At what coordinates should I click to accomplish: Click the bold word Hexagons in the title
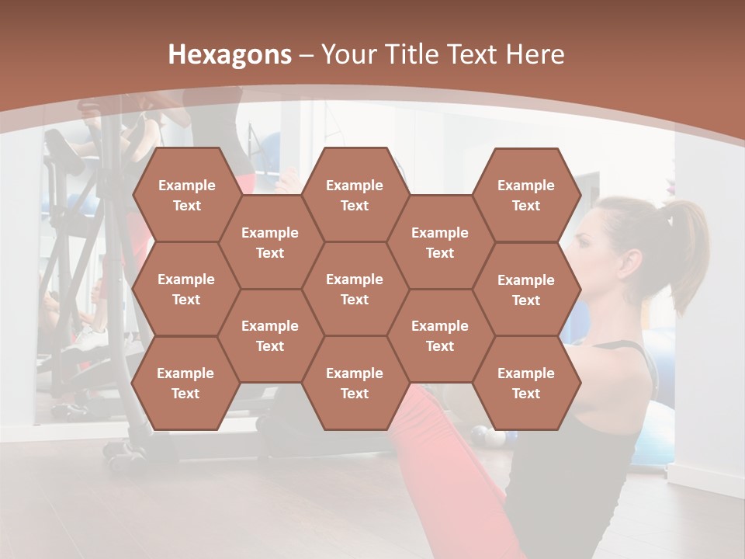pos(230,54)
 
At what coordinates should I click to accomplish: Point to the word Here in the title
pos(535,54)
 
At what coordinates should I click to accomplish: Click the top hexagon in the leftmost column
pos(186,195)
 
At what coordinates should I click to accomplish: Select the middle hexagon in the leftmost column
pos(186,289)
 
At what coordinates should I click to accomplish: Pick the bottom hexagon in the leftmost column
pos(185,383)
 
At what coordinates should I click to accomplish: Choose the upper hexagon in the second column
pos(270,242)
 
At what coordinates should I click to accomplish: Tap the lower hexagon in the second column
pos(270,335)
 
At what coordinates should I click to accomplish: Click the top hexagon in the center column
pos(355,195)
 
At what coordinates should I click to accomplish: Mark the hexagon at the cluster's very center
pos(355,289)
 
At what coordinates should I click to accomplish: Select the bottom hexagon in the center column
pos(355,383)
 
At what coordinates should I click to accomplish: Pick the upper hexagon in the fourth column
pos(440,242)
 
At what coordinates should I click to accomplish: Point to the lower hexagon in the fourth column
pos(440,335)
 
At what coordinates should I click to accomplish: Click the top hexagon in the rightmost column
pos(526,195)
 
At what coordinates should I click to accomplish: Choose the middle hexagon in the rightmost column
pos(526,290)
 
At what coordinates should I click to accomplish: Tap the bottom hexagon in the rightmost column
pos(526,383)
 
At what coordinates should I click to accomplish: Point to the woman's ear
pos(630,262)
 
